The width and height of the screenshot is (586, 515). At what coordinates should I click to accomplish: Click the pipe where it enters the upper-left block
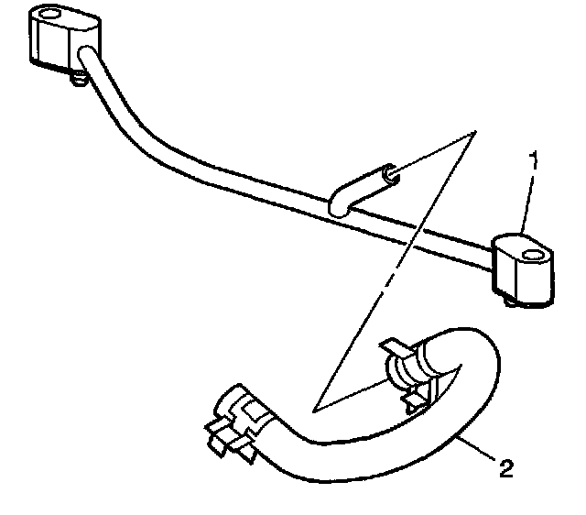point(87,60)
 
